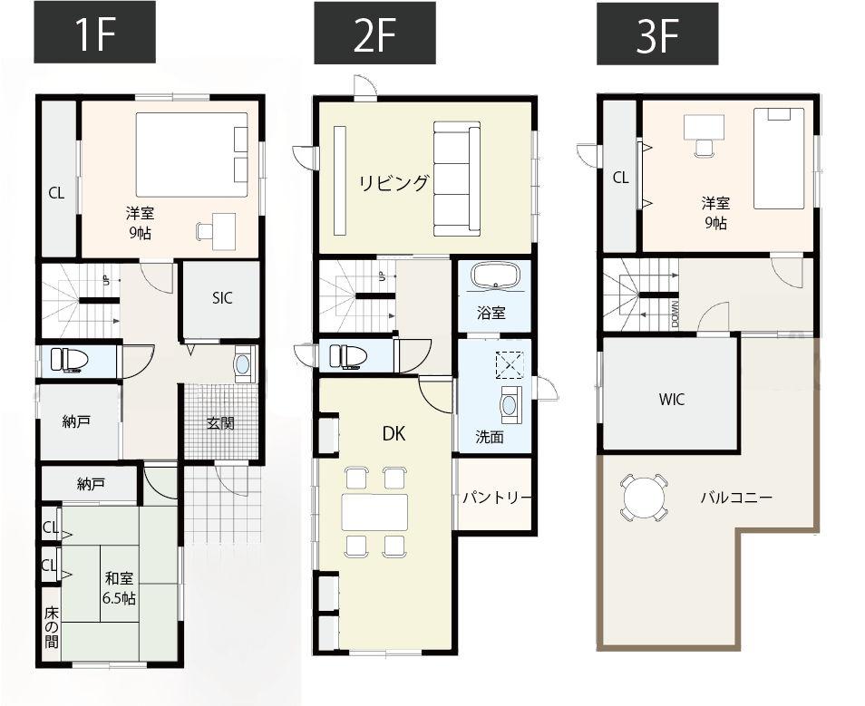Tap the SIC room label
(x=222, y=298)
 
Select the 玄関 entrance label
(x=220, y=423)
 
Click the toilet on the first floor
(x=70, y=360)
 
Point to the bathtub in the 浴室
(x=495, y=276)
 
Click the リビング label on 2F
(x=394, y=182)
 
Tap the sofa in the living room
(x=457, y=179)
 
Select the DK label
(x=394, y=434)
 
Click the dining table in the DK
(x=374, y=512)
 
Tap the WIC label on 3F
(x=671, y=399)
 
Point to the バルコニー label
(x=736, y=498)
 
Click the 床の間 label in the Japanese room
(x=52, y=627)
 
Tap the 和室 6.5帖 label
(x=119, y=588)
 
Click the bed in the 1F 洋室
(x=192, y=154)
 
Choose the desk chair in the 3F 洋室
(x=704, y=147)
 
